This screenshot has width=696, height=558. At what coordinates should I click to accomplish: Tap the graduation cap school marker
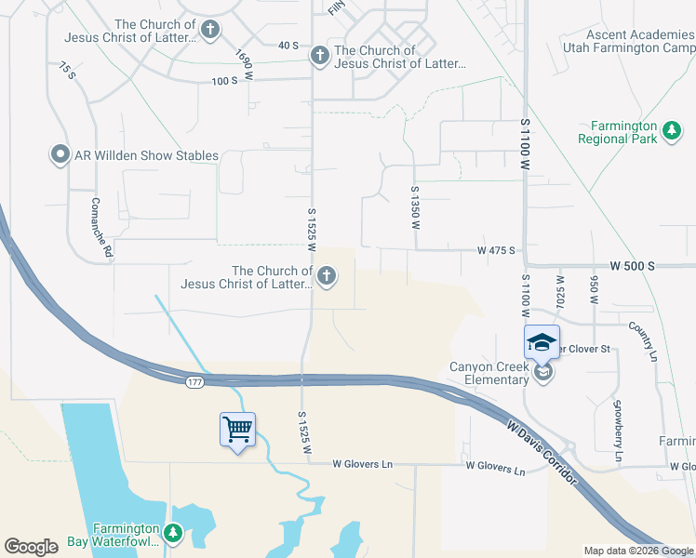pyautogui.click(x=542, y=342)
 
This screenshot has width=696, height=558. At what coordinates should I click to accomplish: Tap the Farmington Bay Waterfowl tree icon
pyautogui.click(x=172, y=533)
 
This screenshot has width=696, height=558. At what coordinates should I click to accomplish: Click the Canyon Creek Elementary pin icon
pyautogui.click(x=543, y=372)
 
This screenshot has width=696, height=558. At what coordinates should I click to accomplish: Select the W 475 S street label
pyautogui.click(x=496, y=250)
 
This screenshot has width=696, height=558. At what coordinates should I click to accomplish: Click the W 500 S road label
pyautogui.click(x=633, y=266)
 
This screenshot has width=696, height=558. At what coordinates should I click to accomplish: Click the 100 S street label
pyautogui.click(x=225, y=81)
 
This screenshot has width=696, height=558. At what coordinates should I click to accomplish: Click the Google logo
pyautogui.click(x=31, y=547)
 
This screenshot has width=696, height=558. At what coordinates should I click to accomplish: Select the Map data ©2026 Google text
pyautogui.click(x=638, y=551)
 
